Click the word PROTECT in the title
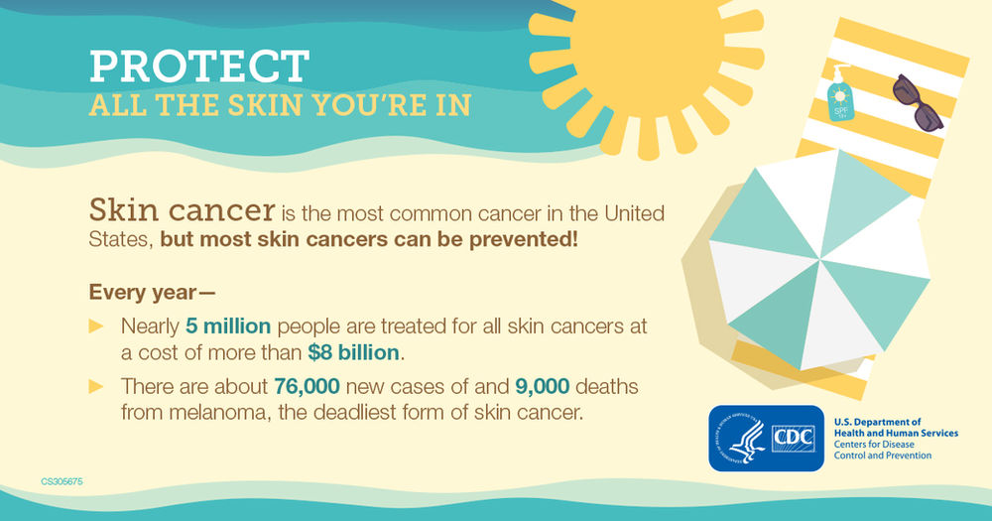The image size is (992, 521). pos(198,65)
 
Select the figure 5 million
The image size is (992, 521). pos(229,326)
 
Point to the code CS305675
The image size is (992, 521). pos(62,481)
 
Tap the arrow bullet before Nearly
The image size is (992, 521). pos(96,326)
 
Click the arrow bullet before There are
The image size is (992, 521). pos(96,385)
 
